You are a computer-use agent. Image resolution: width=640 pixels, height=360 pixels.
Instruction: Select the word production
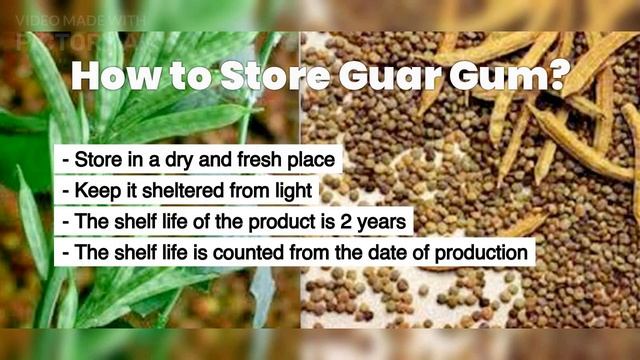click(x=478, y=250)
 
